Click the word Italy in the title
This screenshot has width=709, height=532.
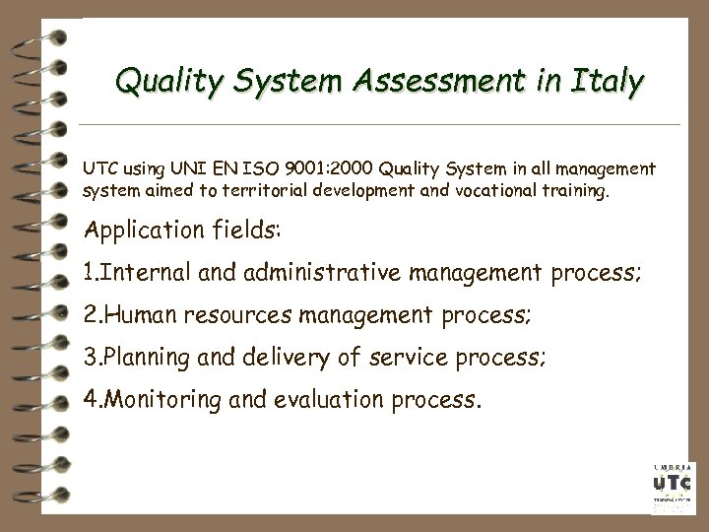pos(604,82)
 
